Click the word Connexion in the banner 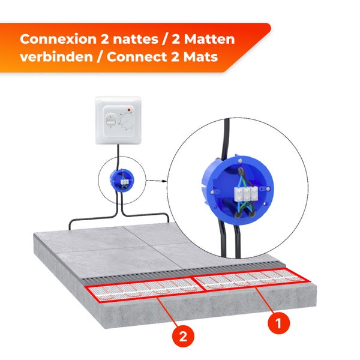click(x=55, y=40)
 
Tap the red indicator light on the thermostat click(x=130, y=110)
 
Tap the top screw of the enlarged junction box click(x=239, y=159)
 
